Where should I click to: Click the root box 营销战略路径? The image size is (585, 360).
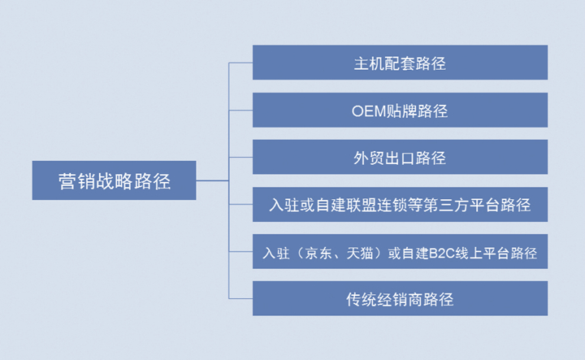click(x=115, y=180)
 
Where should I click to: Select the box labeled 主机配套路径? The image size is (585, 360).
click(x=400, y=63)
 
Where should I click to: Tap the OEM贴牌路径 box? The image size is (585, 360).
click(x=400, y=110)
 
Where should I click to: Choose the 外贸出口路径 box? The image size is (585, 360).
click(x=400, y=157)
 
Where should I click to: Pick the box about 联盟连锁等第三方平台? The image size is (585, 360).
click(x=400, y=205)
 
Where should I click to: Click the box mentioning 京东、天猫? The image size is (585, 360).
click(x=400, y=251)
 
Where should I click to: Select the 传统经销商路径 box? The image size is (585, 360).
click(x=400, y=298)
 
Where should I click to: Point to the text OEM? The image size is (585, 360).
click(x=369, y=111)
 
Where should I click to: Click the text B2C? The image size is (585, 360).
click(x=441, y=254)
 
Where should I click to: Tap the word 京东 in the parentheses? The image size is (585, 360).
click(x=318, y=254)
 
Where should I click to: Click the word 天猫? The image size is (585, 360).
click(x=360, y=254)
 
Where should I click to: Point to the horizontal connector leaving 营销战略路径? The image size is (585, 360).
click(x=212, y=180)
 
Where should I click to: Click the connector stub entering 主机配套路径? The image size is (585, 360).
click(x=241, y=63)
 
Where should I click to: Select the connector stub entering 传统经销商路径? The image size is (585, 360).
click(x=241, y=298)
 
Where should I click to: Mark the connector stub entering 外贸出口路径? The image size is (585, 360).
click(x=241, y=157)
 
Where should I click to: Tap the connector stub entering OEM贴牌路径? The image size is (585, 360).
click(x=241, y=110)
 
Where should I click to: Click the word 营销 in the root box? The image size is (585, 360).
click(x=77, y=181)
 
